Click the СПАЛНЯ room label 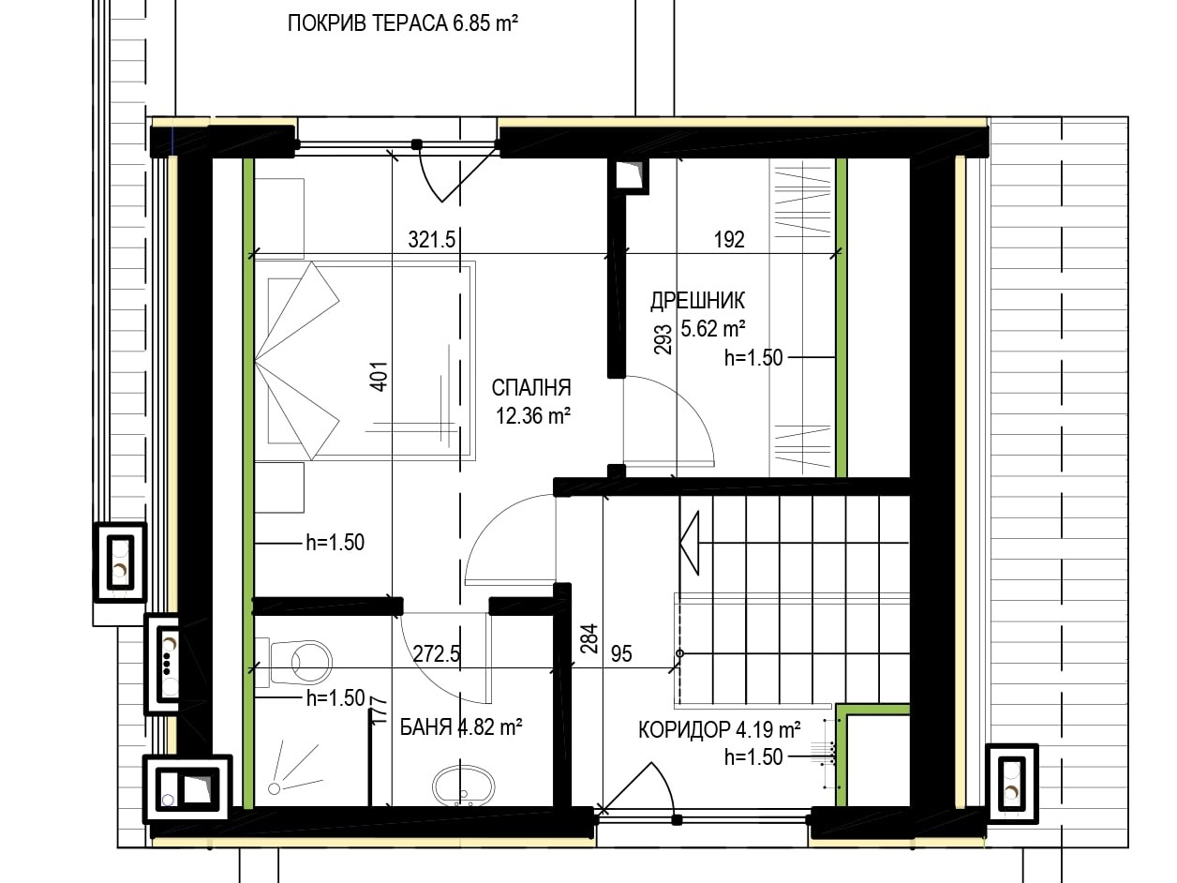tap(531, 388)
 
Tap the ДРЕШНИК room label tap(697, 301)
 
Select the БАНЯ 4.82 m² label tap(461, 727)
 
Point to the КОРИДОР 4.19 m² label tap(719, 729)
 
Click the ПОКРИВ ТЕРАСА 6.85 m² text tap(403, 23)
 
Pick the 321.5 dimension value tap(432, 239)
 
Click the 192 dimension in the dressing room tap(729, 239)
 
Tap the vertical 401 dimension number tap(380, 377)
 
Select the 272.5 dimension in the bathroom tap(437, 653)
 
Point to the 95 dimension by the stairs tap(621, 653)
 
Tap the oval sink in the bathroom tap(463, 786)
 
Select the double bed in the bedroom tap(365, 361)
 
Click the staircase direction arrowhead tap(690, 543)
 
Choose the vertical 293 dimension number tap(663, 338)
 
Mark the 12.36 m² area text tap(532, 415)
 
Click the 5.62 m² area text tap(713, 328)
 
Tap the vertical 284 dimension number tap(588, 638)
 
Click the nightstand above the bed tap(279, 218)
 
